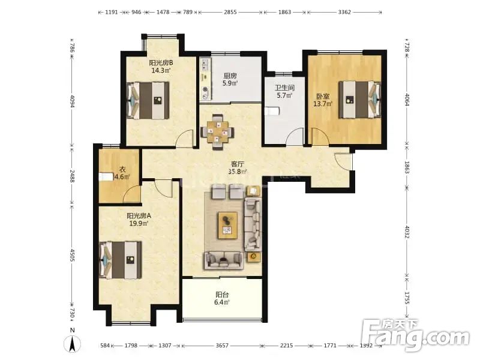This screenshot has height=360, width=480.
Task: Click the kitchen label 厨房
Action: tap(230, 76)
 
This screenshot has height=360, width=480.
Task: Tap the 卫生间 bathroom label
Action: tap(284, 88)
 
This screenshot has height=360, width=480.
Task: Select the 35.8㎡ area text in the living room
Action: tap(238, 172)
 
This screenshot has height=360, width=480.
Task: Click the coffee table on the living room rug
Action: tap(227, 226)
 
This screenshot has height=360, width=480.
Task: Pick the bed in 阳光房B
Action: tap(148, 100)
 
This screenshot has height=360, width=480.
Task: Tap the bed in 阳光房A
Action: tap(121, 260)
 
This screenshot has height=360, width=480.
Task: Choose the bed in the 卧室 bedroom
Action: tap(359, 100)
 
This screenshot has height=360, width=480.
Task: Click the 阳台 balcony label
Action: tap(222, 295)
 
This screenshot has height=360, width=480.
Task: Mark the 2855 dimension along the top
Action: tap(230, 12)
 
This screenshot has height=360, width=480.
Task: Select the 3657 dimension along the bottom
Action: tap(222, 346)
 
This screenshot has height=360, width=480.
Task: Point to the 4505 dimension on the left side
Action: tap(72, 254)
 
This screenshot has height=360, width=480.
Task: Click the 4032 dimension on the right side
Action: tap(407, 232)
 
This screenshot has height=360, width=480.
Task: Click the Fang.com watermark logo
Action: tap(415, 336)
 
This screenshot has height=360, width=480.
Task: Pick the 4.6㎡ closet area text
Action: tap(122, 176)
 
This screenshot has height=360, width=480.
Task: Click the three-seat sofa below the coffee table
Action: tap(224, 260)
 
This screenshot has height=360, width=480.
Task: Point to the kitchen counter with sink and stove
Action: tap(205, 79)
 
